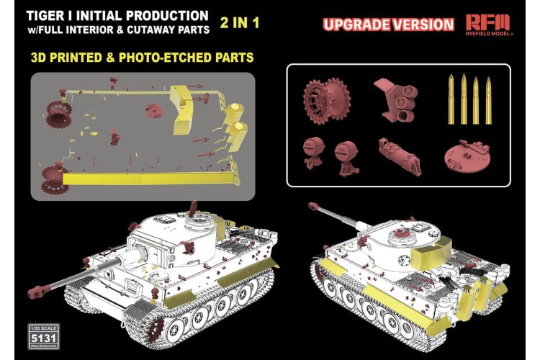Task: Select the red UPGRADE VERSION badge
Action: click(389, 24)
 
